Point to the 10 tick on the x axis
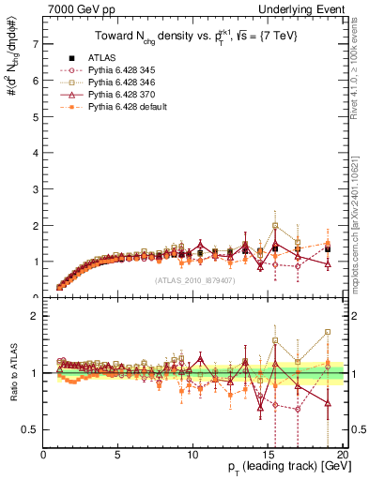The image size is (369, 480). click(192, 455)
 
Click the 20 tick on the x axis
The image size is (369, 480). click(340, 455)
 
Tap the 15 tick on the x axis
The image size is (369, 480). click(266, 455)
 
